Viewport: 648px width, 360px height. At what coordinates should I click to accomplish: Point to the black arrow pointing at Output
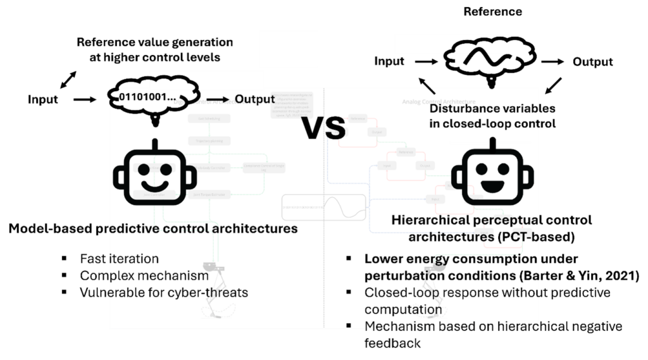pos(218,99)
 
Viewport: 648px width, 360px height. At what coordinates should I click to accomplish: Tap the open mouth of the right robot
pos(491,186)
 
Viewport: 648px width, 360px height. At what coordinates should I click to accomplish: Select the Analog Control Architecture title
pos(439,101)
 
